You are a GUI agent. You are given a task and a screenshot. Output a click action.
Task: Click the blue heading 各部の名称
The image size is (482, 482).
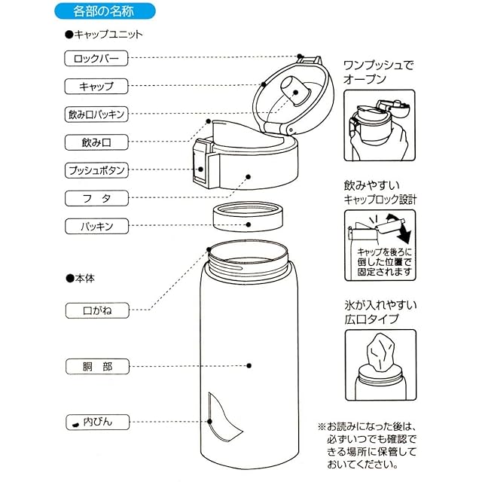pos(105,11)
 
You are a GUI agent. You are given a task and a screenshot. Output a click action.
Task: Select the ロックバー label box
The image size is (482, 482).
pos(96,59)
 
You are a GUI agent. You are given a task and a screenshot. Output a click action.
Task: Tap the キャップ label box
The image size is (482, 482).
pos(96,87)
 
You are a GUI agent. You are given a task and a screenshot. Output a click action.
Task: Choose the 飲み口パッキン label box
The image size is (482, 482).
pos(96,114)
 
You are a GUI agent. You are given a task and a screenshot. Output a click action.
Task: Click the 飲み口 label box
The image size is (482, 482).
pos(96,142)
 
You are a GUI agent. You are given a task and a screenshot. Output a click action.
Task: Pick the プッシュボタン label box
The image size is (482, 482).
pos(96,170)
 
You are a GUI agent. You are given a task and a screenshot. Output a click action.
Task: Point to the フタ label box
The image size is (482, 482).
pos(96,198)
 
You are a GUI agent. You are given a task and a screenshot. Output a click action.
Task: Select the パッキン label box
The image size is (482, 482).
pos(96,226)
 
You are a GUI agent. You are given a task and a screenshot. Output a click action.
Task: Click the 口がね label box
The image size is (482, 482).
pos(97,310)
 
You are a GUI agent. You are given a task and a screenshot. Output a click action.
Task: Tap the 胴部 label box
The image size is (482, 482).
pos(97,367)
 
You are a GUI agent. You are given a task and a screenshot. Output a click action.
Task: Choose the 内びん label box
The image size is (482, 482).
pos(97,422)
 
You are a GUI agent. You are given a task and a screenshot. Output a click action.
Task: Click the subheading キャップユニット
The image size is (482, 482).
pos(104,34)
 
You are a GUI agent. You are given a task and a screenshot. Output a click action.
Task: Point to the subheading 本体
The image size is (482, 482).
pos(81,279)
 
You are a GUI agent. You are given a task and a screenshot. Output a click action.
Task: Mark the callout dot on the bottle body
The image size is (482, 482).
pos(249,365)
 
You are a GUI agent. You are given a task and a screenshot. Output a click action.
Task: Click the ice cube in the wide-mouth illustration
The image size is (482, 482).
pos(380,352)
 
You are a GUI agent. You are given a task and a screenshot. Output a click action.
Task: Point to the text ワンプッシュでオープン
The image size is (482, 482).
pos(378,72)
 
